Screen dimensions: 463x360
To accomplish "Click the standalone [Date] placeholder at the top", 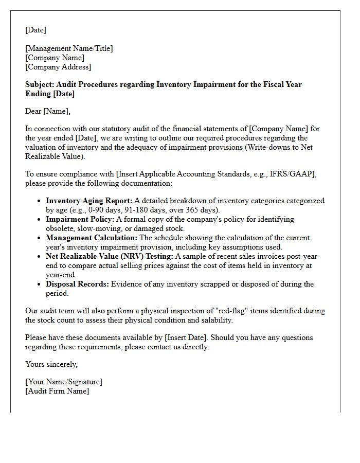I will (x=35, y=30).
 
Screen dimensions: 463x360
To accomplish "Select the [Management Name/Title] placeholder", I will (x=69, y=48).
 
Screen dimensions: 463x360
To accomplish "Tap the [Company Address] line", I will (x=58, y=67).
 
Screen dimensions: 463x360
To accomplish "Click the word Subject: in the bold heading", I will (x=40, y=84).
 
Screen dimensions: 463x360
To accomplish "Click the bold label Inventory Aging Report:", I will (x=89, y=201).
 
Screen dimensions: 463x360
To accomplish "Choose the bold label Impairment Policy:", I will (x=80, y=219).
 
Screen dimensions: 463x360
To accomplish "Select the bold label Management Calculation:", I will (x=92, y=238).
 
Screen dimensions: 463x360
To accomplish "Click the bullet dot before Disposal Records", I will (x=39, y=284).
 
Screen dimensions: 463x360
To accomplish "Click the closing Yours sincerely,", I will (x=51, y=364).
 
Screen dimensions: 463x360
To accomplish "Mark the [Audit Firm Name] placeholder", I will (x=57, y=391).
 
